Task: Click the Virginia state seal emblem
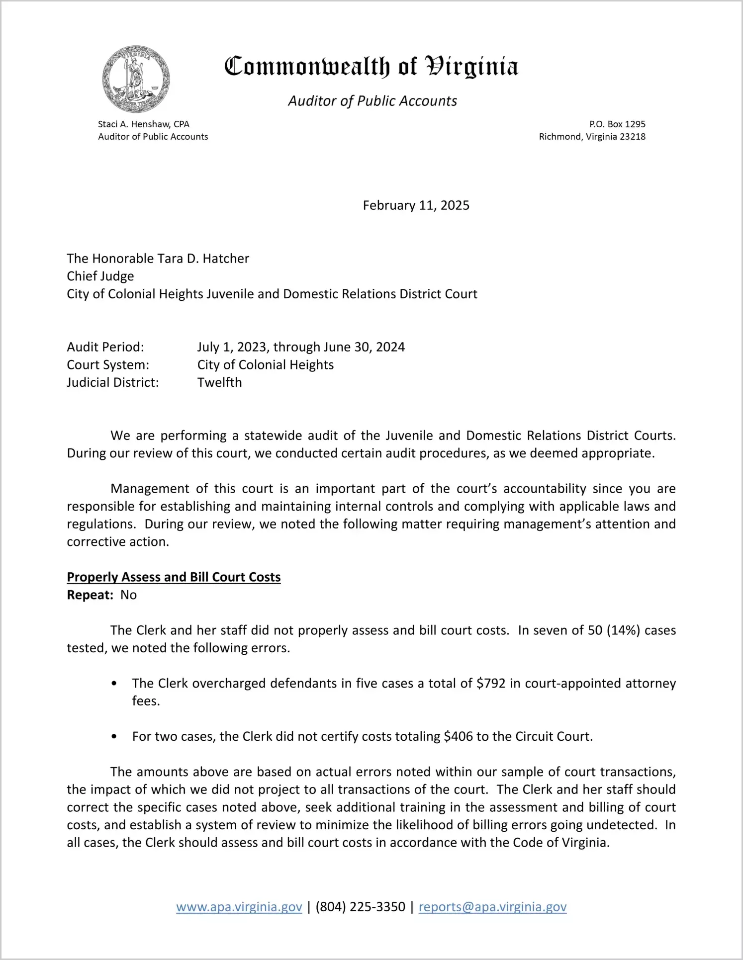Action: coord(136,79)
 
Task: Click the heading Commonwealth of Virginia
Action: coord(371,67)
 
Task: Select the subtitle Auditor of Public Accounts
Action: coord(372,101)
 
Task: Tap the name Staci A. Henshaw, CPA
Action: coord(143,124)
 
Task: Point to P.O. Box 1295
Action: coord(617,124)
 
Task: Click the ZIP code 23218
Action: coord(632,137)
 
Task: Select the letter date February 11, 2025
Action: coord(416,205)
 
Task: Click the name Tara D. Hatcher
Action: coord(203,259)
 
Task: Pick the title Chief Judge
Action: coord(100,276)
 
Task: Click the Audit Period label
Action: coord(105,347)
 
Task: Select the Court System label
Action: coord(108,365)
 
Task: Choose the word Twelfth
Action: coord(219,383)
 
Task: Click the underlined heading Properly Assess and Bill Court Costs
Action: coord(174,577)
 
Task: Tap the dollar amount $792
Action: coord(491,684)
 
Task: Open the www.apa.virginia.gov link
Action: coord(239,907)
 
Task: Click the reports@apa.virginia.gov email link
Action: coord(492,907)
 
